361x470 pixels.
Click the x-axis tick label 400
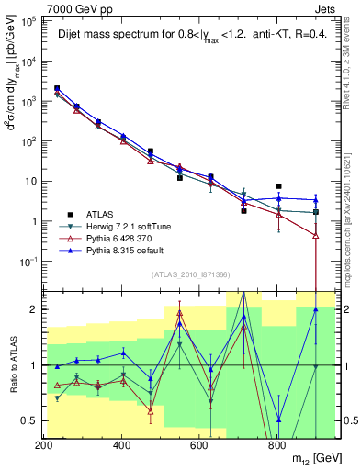tap(121, 444)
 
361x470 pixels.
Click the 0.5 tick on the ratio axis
tap(29, 420)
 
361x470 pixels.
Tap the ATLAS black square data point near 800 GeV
tap(278, 186)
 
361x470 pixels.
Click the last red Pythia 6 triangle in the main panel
tap(316, 235)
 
